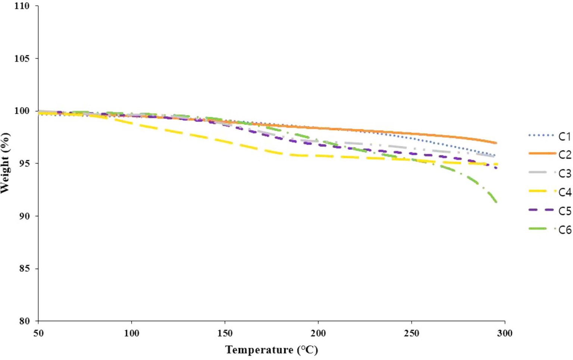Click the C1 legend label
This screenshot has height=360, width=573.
click(x=564, y=137)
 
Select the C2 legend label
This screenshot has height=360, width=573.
click(x=564, y=155)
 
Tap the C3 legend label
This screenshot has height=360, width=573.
click(x=564, y=174)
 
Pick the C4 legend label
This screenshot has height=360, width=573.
click(x=564, y=192)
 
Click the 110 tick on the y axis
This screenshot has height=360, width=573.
click(x=22, y=6)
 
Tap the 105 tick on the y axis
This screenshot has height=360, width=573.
click(x=22, y=58)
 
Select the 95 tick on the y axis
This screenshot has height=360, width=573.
click(x=25, y=163)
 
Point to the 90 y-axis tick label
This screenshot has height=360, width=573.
click(x=25, y=216)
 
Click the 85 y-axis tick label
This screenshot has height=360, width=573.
click(x=25, y=268)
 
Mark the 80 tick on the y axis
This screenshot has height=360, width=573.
click(x=25, y=321)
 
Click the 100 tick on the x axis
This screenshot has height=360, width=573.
click(x=131, y=334)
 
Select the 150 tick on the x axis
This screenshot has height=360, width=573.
click(x=225, y=334)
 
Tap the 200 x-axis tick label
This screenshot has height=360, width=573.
click(x=318, y=334)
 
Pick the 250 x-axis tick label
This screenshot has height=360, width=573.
click(x=411, y=334)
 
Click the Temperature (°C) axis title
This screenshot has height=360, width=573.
click(x=272, y=350)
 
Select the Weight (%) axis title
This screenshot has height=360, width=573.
click(x=5, y=163)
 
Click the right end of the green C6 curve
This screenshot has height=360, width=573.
click(x=496, y=202)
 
